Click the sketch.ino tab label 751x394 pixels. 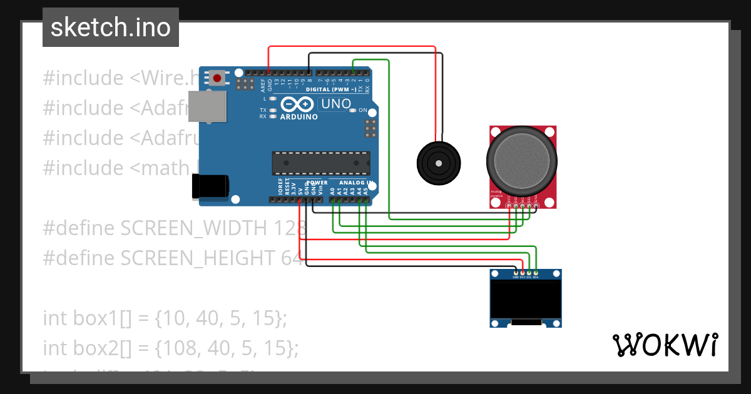(111, 28)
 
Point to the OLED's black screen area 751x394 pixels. (525, 298)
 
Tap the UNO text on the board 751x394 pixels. (335, 104)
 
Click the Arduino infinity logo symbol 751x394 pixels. (296, 104)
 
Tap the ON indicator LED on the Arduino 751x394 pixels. (354, 111)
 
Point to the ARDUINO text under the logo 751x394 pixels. (299, 117)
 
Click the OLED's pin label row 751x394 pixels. (526, 277)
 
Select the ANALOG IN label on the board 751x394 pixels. (355, 183)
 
